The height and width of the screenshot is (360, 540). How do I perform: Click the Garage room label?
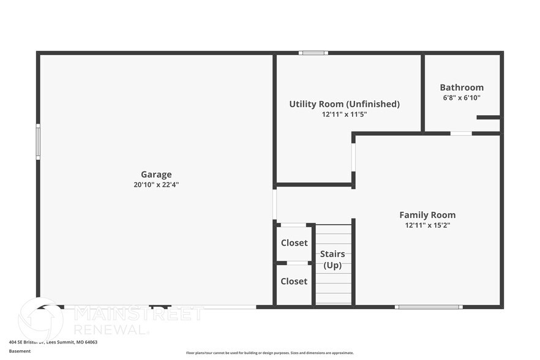pyautogui.click(x=156, y=174)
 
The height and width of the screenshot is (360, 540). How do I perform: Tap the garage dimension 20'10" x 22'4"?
pyautogui.click(x=156, y=184)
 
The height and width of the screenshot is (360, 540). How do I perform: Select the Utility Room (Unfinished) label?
pyautogui.click(x=344, y=104)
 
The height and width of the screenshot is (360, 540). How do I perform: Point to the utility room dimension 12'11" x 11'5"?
pyautogui.click(x=344, y=114)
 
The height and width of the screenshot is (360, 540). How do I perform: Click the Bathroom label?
pyautogui.click(x=462, y=88)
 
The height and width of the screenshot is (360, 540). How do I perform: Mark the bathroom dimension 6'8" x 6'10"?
pyautogui.click(x=462, y=97)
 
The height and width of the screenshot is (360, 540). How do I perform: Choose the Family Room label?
pyautogui.click(x=427, y=215)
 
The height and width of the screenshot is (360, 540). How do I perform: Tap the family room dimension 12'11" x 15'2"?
pyautogui.click(x=427, y=225)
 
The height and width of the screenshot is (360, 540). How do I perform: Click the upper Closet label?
pyautogui.click(x=294, y=243)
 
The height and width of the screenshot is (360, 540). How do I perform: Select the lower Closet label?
pyautogui.click(x=294, y=282)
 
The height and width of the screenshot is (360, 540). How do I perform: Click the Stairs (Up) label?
pyautogui.click(x=332, y=260)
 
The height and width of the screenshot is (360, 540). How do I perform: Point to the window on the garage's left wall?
pyautogui.click(x=38, y=142)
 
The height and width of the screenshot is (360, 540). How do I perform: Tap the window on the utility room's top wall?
pyautogui.click(x=313, y=53)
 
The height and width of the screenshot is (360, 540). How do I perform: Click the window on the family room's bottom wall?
pyautogui.click(x=429, y=307)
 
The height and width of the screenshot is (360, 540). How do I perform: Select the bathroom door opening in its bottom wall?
pyautogui.click(x=461, y=133)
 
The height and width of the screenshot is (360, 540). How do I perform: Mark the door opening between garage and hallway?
pyautogui.click(x=275, y=204)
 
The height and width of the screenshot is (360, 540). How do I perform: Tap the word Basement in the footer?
pyautogui.click(x=20, y=351)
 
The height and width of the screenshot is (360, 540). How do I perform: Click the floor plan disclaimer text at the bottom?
pyautogui.click(x=269, y=353)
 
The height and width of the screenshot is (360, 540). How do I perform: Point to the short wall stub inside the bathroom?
pyautogui.click(x=488, y=118)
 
